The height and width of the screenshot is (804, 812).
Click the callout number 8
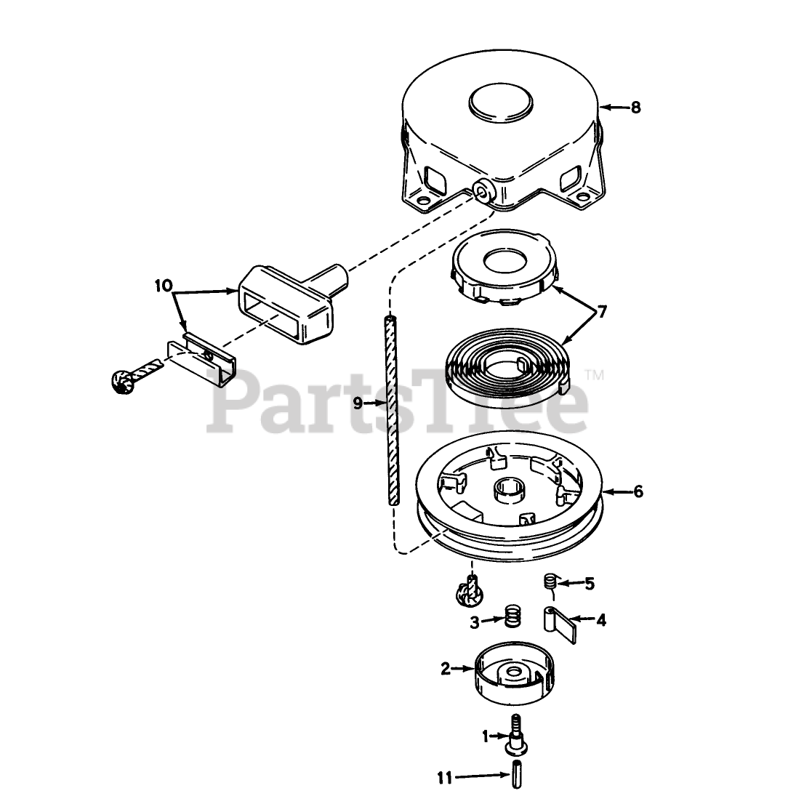[635, 108]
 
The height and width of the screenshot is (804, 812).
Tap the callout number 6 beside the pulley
[638, 492]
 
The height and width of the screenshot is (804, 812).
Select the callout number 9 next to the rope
[358, 404]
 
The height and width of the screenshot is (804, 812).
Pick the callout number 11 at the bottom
[445, 778]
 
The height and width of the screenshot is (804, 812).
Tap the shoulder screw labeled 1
[515, 734]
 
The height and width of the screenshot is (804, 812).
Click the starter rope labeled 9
[392, 407]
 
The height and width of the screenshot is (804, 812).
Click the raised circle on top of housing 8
[502, 101]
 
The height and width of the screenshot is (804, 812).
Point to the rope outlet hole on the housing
[481, 190]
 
